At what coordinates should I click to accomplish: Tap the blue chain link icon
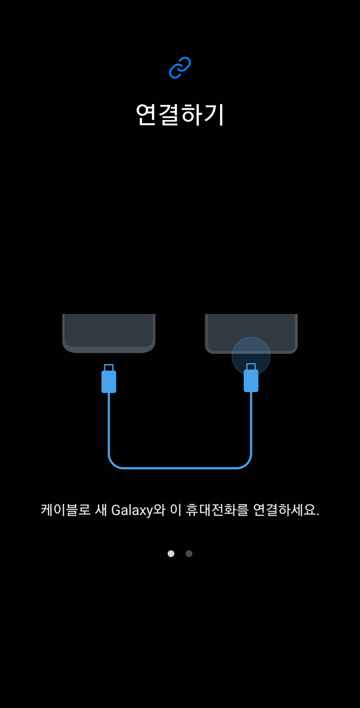pos(180,68)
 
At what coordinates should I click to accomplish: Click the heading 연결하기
pos(180,114)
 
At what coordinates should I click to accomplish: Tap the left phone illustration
pos(109,333)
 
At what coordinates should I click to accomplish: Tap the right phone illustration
pos(251,328)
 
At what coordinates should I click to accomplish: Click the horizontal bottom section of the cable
pos(180,468)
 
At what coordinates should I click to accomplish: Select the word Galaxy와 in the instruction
pos(138,510)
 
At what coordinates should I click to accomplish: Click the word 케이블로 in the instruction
pos(66,510)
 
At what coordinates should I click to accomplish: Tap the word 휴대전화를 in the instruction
pos(217,510)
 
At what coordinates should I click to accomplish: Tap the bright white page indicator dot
pos(171,554)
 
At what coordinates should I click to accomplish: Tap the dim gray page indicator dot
pos(189,554)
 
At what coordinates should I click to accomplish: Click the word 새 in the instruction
pos(101,510)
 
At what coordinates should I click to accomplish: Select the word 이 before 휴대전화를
pos(175,510)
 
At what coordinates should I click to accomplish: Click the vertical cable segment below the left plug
pos(109,423)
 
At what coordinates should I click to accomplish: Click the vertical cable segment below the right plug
pos(251,423)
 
